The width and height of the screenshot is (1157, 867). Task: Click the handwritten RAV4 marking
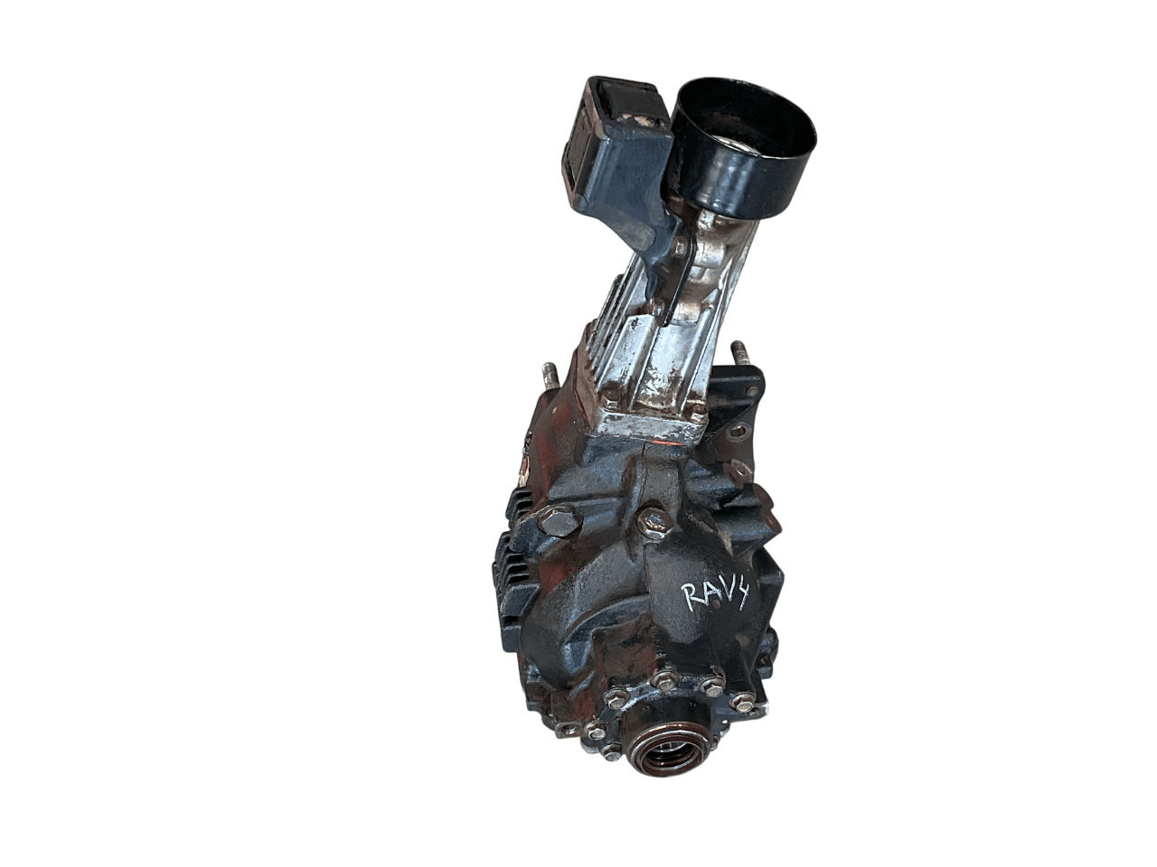click(x=713, y=595)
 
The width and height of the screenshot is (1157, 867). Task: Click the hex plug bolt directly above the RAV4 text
click(x=652, y=520)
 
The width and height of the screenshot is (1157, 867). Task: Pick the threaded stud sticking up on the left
click(x=549, y=375)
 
